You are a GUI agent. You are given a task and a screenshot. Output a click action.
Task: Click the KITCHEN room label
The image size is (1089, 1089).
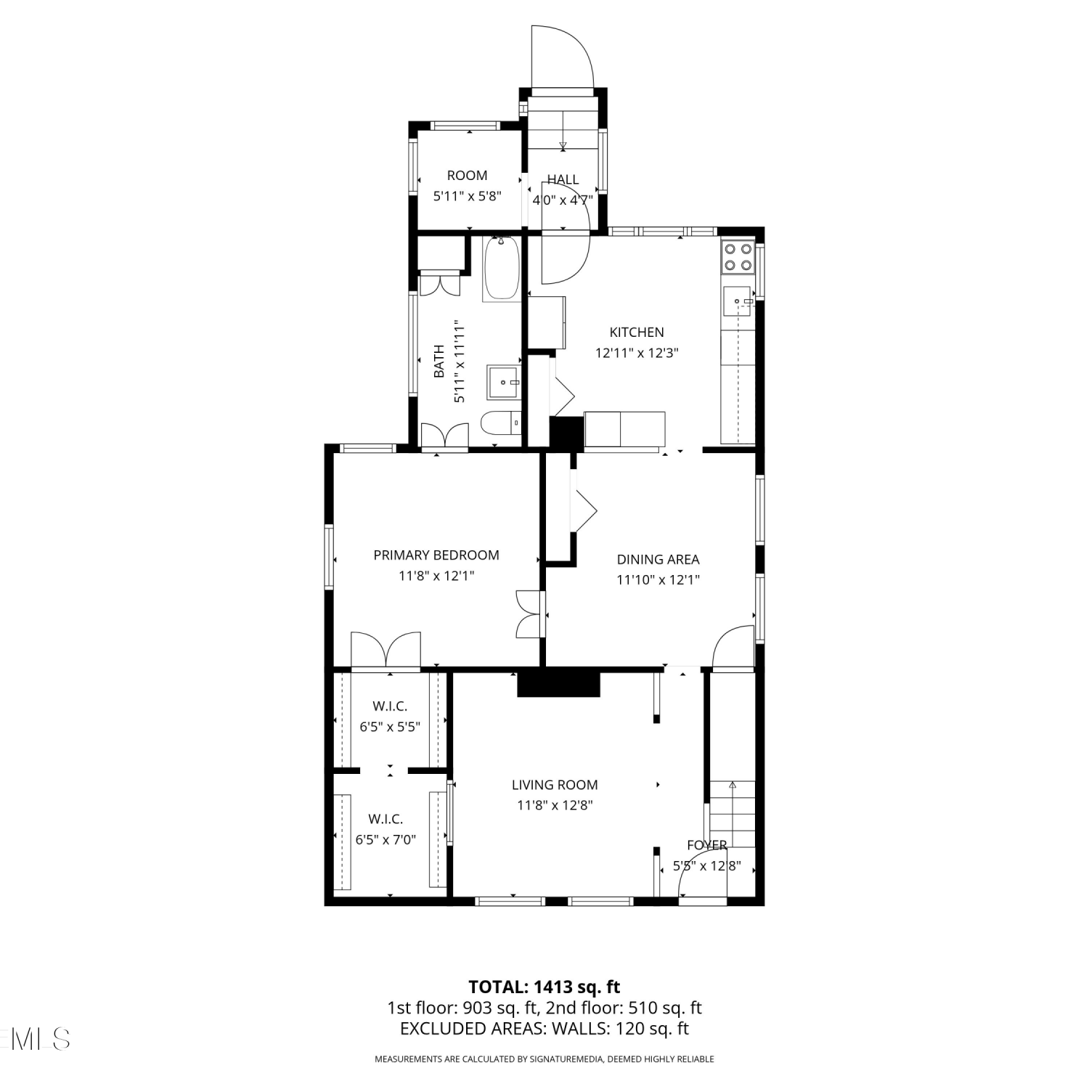636,333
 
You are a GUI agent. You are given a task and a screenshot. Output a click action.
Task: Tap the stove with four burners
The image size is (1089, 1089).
738,256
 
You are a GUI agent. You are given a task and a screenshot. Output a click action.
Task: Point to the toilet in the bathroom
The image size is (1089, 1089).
502,423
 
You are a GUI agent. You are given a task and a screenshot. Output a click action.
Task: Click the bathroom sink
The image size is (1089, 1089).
504,382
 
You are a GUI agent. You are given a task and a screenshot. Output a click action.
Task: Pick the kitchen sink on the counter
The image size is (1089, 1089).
738,302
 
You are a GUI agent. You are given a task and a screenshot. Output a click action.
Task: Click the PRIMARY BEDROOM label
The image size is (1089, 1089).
436,555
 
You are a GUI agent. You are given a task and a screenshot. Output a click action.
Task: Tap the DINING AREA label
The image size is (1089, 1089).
658,560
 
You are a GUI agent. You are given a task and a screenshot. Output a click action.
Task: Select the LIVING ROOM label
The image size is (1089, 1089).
555,785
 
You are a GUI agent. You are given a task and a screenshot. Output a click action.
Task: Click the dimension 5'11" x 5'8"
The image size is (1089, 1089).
468,196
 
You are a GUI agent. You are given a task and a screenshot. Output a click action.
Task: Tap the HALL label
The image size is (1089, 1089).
563,180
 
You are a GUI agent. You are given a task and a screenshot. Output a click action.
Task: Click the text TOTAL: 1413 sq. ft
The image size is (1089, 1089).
544,987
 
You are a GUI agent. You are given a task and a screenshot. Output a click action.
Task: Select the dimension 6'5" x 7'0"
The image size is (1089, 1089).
386,840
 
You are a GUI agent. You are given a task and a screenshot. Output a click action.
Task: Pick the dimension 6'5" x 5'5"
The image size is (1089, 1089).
390,727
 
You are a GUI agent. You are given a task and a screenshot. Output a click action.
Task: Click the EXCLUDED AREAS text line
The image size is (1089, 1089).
544,1029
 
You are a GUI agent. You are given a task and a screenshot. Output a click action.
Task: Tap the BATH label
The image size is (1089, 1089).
439,362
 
